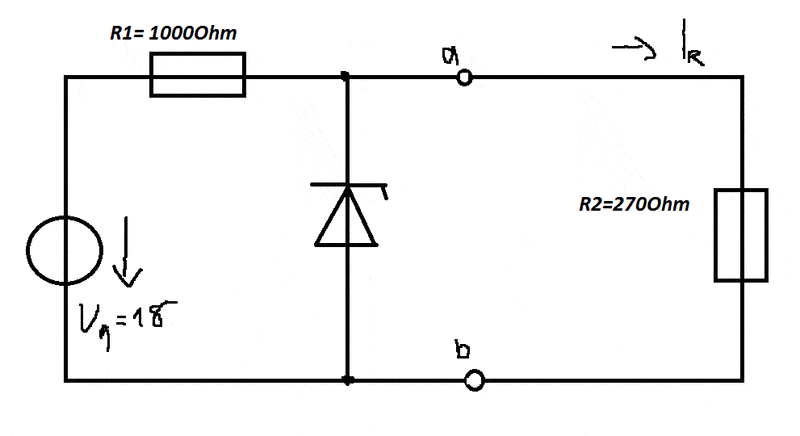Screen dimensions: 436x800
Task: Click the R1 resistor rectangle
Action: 198,76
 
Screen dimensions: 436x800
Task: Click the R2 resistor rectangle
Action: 741,235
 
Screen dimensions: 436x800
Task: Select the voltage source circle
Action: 65,250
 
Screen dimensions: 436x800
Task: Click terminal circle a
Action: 464,76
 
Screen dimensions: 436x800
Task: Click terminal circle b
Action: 475,380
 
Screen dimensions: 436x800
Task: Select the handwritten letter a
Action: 447,59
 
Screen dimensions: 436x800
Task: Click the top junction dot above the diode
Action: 346,76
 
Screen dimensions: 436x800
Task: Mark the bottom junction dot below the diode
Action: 346,380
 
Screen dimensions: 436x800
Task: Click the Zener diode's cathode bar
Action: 346,186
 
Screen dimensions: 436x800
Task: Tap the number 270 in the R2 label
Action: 635,206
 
